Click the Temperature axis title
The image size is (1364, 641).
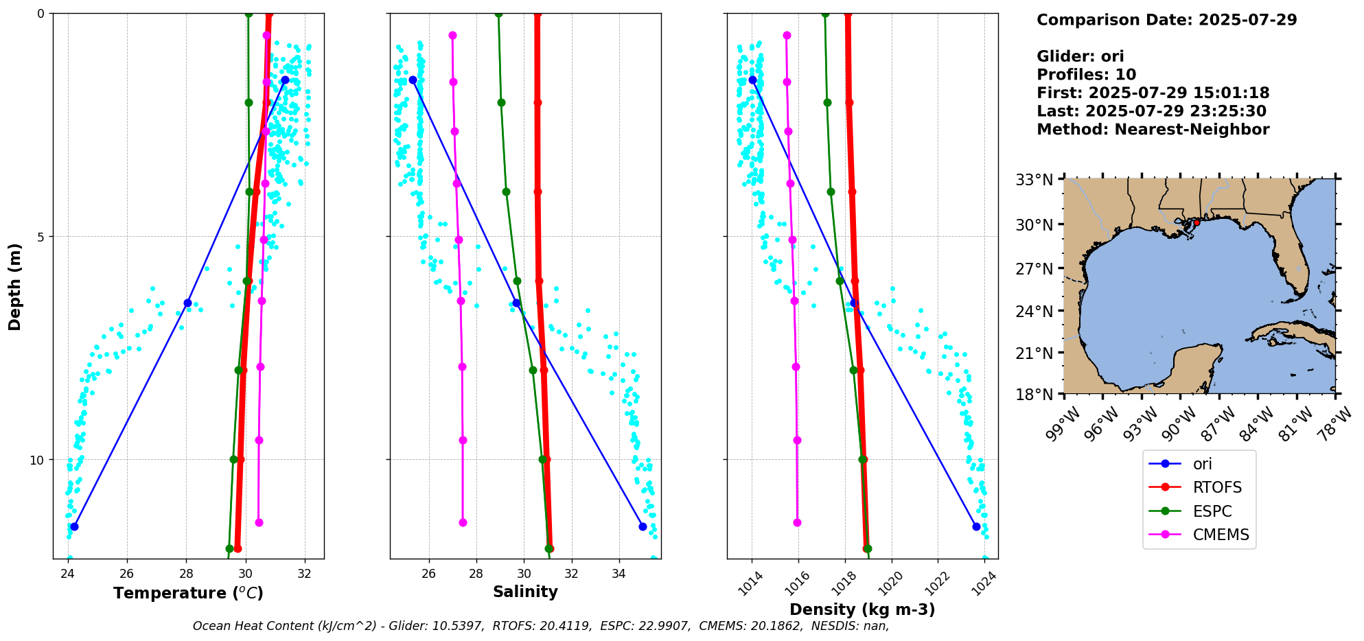click(188, 593)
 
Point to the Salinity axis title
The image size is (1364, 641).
click(525, 592)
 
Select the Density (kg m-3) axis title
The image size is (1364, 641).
click(862, 609)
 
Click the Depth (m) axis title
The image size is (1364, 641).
click(14, 286)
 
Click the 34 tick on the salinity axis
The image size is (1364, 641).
click(619, 572)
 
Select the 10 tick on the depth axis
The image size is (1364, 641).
click(37, 460)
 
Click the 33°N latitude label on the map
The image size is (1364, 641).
click(1034, 180)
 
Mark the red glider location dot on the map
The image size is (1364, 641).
click(1197, 222)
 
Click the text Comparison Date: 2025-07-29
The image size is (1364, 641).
click(1166, 20)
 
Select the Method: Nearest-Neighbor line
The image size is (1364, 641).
click(1153, 130)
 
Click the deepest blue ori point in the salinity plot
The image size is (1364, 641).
click(643, 526)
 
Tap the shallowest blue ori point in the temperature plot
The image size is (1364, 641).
click(285, 80)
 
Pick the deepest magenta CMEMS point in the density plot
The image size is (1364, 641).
click(797, 522)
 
